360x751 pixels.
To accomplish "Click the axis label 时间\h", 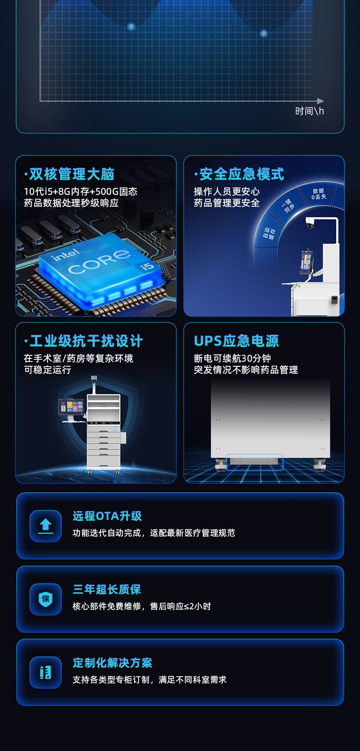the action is click(x=309, y=111).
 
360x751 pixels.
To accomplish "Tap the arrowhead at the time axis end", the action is click(x=320, y=101).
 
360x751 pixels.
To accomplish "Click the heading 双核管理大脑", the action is click(x=72, y=174).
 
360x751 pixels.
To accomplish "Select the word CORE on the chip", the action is click(x=99, y=260).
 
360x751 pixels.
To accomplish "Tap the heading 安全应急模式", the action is click(x=242, y=174).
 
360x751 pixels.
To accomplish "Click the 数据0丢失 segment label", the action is click(x=319, y=194).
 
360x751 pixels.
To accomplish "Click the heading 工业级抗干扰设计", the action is click(x=86, y=341).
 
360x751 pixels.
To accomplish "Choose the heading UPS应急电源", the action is click(x=237, y=341).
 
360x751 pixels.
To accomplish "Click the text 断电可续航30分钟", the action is click(x=232, y=358).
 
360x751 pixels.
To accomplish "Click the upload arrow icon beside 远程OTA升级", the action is click(x=46, y=526).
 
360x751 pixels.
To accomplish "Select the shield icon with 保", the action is click(x=46, y=599).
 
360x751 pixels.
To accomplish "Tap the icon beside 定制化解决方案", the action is click(x=46, y=673).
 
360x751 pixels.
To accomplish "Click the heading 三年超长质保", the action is click(x=107, y=589).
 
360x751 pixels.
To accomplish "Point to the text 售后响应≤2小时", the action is click(x=180, y=606).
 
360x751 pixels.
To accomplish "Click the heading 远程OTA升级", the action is click(x=107, y=516).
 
